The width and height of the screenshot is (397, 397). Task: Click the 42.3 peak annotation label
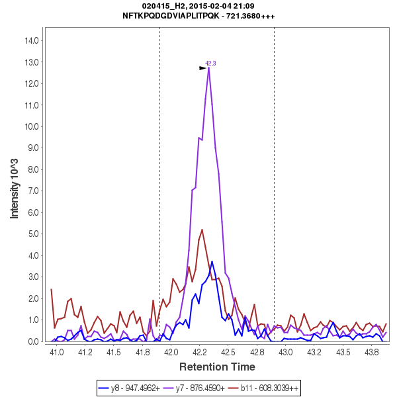click(210, 64)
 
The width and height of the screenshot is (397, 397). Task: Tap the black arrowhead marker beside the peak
click(203, 68)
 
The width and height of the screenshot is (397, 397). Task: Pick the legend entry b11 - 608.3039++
click(268, 388)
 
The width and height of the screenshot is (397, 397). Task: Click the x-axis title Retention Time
click(217, 367)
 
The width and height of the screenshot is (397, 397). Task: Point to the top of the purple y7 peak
click(208, 68)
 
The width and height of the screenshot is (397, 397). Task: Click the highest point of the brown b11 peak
click(202, 230)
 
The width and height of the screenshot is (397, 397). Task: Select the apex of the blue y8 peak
click(212, 261)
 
